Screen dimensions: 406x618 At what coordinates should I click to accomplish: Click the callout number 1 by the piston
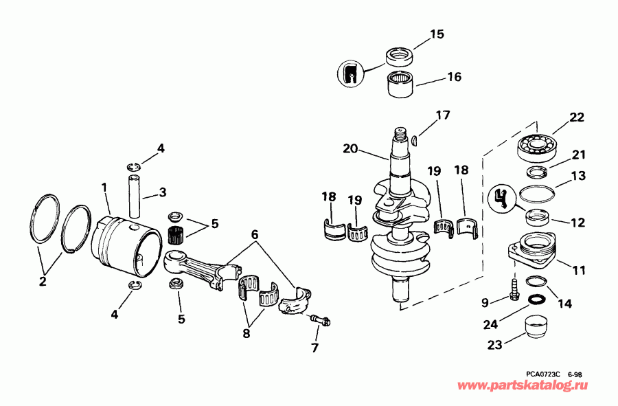(104, 187)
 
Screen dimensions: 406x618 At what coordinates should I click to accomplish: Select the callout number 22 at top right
(577, 118)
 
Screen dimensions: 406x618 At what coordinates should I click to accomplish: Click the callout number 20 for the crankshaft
(352, 149)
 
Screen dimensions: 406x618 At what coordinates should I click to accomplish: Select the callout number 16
(455, 77)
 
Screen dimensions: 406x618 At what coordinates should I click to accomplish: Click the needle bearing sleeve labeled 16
(398, 85)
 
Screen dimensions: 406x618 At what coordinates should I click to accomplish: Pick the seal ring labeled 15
(399, 54)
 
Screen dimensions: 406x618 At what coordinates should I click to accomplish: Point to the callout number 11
(580, 271)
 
